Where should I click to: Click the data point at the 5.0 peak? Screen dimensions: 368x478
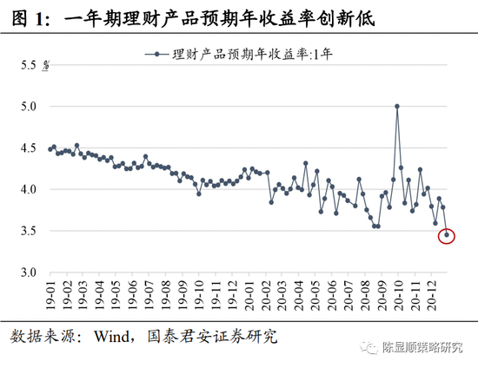397,106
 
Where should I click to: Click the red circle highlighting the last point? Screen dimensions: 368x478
448,234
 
